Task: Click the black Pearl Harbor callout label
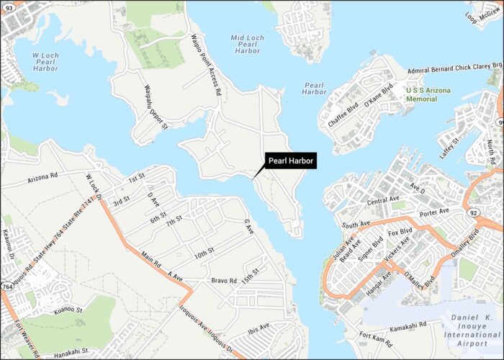point(291,161)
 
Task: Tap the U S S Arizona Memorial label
point(431,94)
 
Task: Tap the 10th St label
point(204,254)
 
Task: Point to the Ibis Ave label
point(258,330)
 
